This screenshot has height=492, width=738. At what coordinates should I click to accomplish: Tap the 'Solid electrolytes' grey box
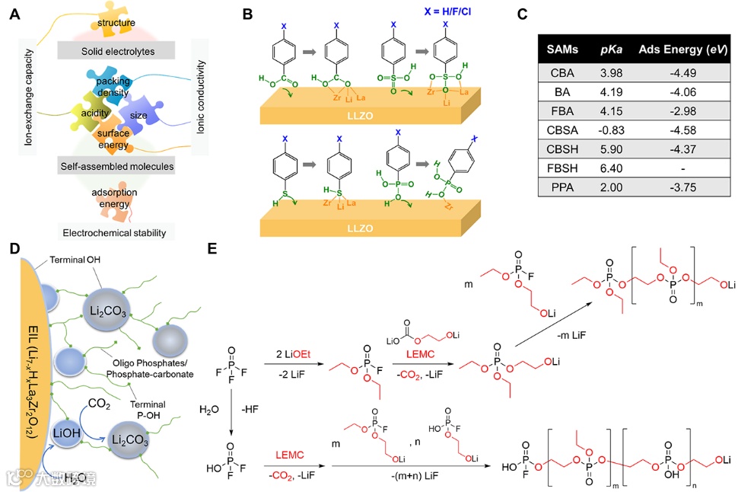click(116, 50)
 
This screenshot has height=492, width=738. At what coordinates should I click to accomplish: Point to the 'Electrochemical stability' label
click(116, 231)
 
